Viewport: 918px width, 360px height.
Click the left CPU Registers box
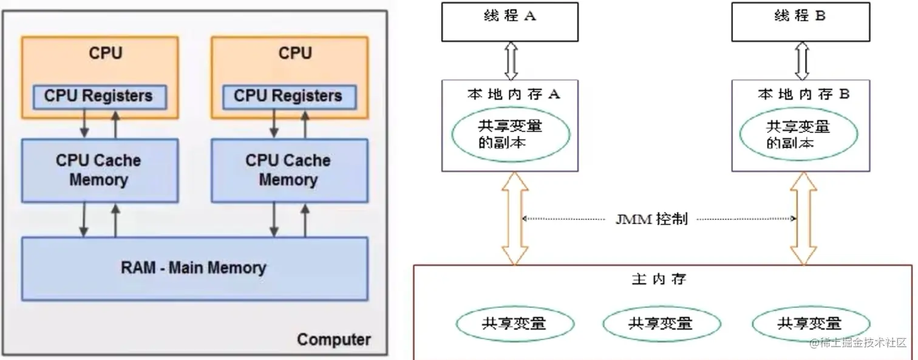click(98, 96)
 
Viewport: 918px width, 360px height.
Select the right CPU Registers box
click(288, 96)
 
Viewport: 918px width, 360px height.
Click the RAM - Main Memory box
click(194, 268)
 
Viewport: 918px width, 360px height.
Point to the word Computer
click(333, 339)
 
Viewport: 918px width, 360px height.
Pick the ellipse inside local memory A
click(510, 135)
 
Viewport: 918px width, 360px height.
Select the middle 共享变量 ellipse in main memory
click(659, 323)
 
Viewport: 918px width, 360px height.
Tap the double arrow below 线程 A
click(511, 61)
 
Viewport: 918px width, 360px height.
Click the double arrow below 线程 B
click(802, 61)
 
